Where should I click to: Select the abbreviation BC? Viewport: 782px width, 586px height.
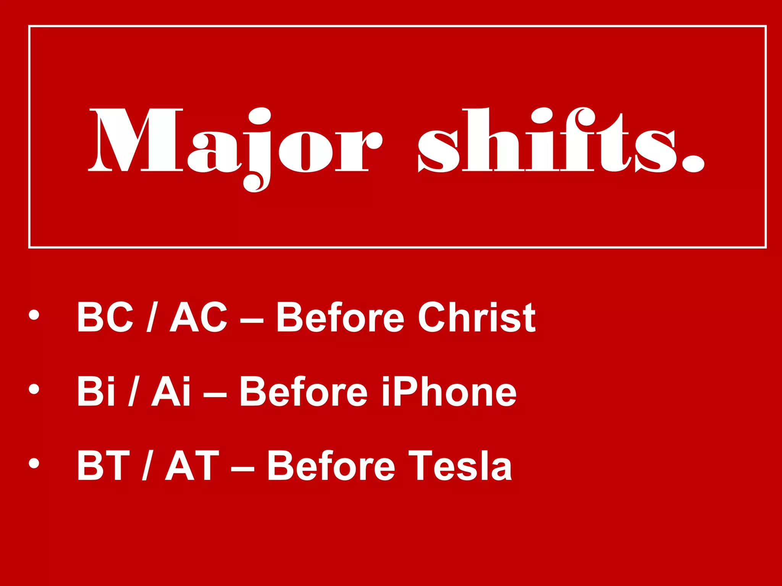105,317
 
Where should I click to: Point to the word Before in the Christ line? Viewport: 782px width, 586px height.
340,317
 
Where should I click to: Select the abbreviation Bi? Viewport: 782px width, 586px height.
95,391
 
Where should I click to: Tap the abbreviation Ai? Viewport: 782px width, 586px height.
171,391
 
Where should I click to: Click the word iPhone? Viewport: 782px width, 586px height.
449,391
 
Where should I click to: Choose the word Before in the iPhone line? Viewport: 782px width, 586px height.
303,391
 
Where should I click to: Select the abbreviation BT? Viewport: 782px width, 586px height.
103,465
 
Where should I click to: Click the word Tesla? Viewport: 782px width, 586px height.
460,465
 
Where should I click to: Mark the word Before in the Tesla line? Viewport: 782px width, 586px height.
331,465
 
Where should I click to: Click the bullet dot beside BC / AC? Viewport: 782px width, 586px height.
34,314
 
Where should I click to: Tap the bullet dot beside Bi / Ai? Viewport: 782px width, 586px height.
34,389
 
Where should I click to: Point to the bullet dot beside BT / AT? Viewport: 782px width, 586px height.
34,463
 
